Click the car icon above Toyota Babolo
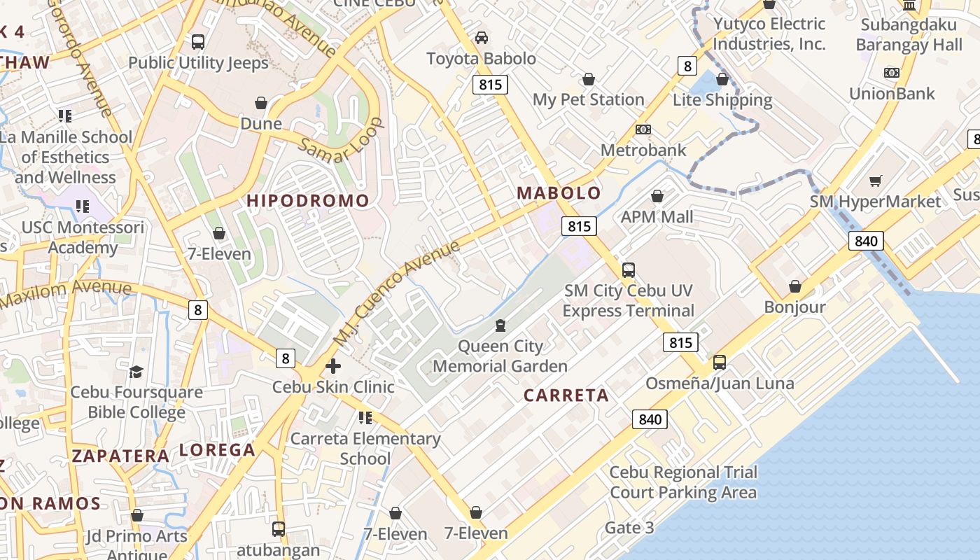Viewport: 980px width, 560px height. [482, 38]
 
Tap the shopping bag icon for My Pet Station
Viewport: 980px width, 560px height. [589, 79]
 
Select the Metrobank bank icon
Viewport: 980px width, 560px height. [643, 129]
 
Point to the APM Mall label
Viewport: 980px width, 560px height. [657, 217]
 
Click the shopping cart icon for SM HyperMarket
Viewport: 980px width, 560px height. [875, 181]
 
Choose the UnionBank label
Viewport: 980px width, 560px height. [892, 93]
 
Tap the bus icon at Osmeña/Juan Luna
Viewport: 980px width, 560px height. [719, 363]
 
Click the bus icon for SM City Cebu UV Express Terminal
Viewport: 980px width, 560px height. [629, 269]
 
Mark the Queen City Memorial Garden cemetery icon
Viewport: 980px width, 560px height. [500, 325]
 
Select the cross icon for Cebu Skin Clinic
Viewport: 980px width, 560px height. [333, 366]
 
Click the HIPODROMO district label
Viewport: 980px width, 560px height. [307, 201]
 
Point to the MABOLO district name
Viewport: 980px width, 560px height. [559, 193]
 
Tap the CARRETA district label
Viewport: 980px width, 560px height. [566, 395]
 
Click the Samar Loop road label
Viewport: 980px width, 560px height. [342, 141]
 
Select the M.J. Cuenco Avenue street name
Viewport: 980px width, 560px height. [397, 292]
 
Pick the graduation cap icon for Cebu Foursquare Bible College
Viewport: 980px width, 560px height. [136, 372]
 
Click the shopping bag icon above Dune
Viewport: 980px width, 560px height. [261, 104]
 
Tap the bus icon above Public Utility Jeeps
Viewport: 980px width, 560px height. [198, 42]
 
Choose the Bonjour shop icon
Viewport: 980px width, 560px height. [794, 286]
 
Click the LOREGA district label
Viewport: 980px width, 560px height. [217, 450]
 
